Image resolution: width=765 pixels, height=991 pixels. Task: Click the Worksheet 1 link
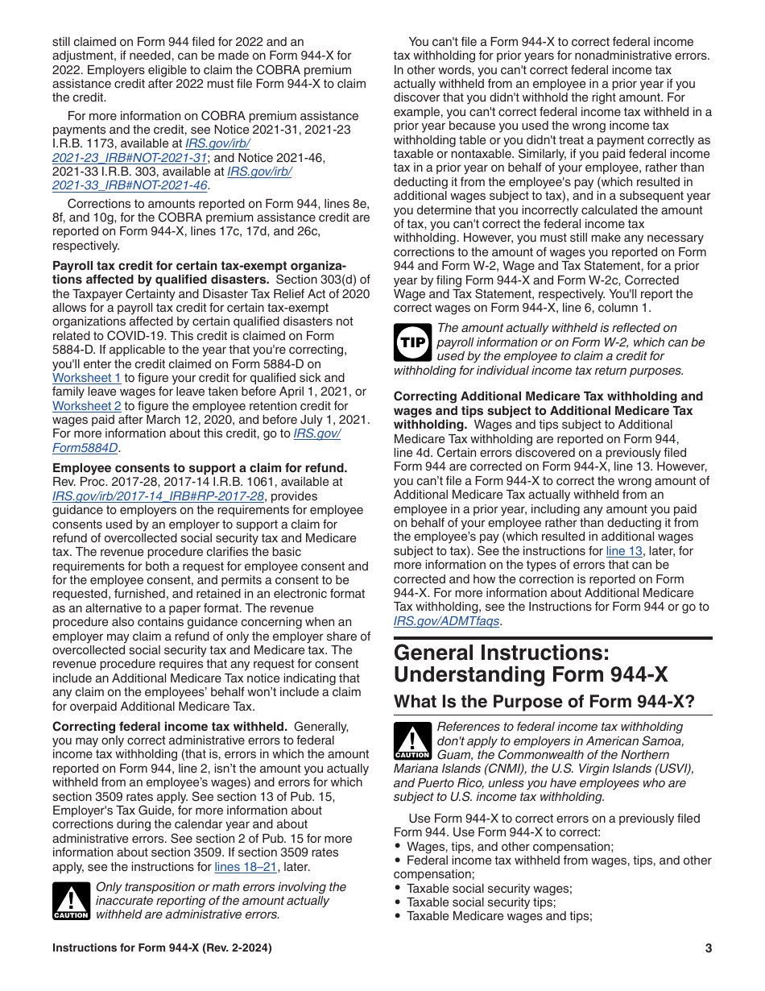coord(87,378)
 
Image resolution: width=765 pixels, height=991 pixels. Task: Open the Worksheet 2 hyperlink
coord(87,406)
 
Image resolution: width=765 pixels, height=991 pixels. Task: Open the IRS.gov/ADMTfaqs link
coord(446,621)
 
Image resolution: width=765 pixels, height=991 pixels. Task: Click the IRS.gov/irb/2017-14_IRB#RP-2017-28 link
coord(158,496)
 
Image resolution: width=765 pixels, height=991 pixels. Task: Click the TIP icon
coord(411,342)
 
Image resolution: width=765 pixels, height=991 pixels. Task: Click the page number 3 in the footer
coord(709,948)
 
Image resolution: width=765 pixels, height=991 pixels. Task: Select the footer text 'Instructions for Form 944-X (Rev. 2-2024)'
coord(162,948)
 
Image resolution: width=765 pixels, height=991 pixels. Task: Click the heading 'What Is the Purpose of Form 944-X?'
coord(544,702)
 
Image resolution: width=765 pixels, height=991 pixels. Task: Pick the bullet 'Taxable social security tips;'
coord(481,902)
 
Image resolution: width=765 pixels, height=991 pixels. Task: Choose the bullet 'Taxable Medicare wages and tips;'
coord(499,916)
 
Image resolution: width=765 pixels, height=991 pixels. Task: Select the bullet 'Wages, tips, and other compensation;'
coord(510,847)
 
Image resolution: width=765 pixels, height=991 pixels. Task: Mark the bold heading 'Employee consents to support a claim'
coord(199,468)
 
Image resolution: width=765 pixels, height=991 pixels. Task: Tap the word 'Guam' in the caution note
coord(453,755)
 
